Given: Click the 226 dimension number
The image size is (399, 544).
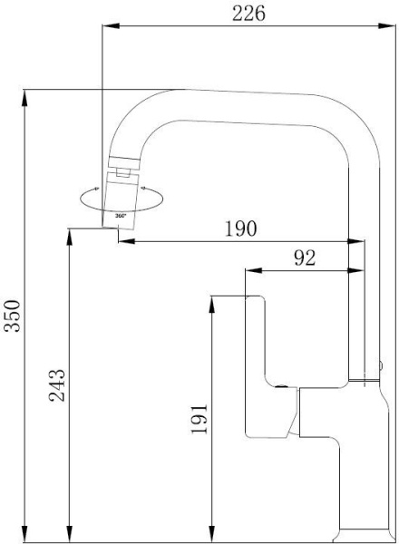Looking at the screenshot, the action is (248, 14).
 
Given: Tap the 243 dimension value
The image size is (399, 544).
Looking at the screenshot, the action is (56, 385).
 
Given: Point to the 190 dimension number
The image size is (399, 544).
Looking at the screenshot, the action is (241, 228).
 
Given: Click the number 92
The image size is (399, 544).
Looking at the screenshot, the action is (305, 257).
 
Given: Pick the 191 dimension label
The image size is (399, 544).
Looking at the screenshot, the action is (199, 418).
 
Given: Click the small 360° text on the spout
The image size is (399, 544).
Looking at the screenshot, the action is (121, 216).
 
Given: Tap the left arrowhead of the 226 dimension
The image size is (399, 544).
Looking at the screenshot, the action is (111, 25).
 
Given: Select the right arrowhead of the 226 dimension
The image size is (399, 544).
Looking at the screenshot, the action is (387, 25).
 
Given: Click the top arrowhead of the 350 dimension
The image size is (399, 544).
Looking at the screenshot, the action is (24, 98).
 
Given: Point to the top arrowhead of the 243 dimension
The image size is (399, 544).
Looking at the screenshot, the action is (70, 237).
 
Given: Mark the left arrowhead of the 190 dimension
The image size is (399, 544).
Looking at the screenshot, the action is (127, 241).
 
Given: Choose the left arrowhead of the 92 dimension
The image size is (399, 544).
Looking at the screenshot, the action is (254, 270).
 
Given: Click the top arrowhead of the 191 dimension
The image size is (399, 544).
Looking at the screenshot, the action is (212, 305).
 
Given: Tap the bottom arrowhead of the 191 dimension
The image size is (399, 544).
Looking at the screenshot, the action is (212, 534).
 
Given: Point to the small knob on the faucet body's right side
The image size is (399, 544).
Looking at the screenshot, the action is (381, 365).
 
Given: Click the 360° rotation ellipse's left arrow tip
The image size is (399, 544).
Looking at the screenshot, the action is (98, 189).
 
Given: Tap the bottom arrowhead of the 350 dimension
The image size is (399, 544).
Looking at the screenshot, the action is (24, 534).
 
